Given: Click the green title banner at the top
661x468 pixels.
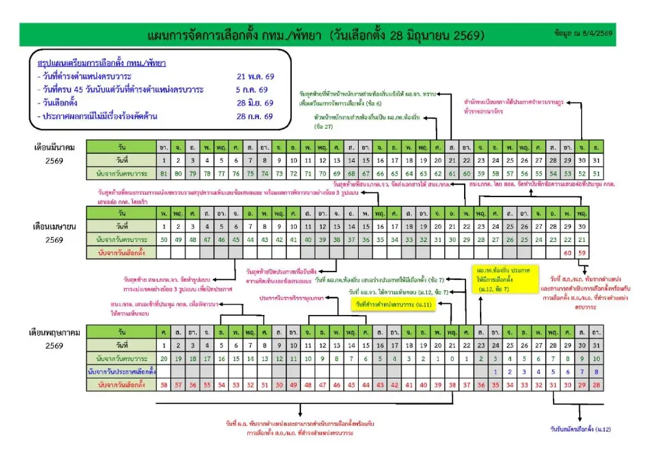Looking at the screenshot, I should pyautogui.click(x=317, y=34).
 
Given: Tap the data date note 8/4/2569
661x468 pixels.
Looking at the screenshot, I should pyautogui.click(x=584, y=32).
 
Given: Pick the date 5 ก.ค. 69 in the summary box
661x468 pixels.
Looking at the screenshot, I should pyautogui.click(x=252, y=89).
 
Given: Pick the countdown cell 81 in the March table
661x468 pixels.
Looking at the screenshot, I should pyautogui.click(x=163, y=172).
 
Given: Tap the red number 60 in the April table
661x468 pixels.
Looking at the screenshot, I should pyautogui.click(x=568, y=253).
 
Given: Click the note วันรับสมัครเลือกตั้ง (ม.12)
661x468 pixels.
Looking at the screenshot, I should pyautogui.click(x=580, y=429).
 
